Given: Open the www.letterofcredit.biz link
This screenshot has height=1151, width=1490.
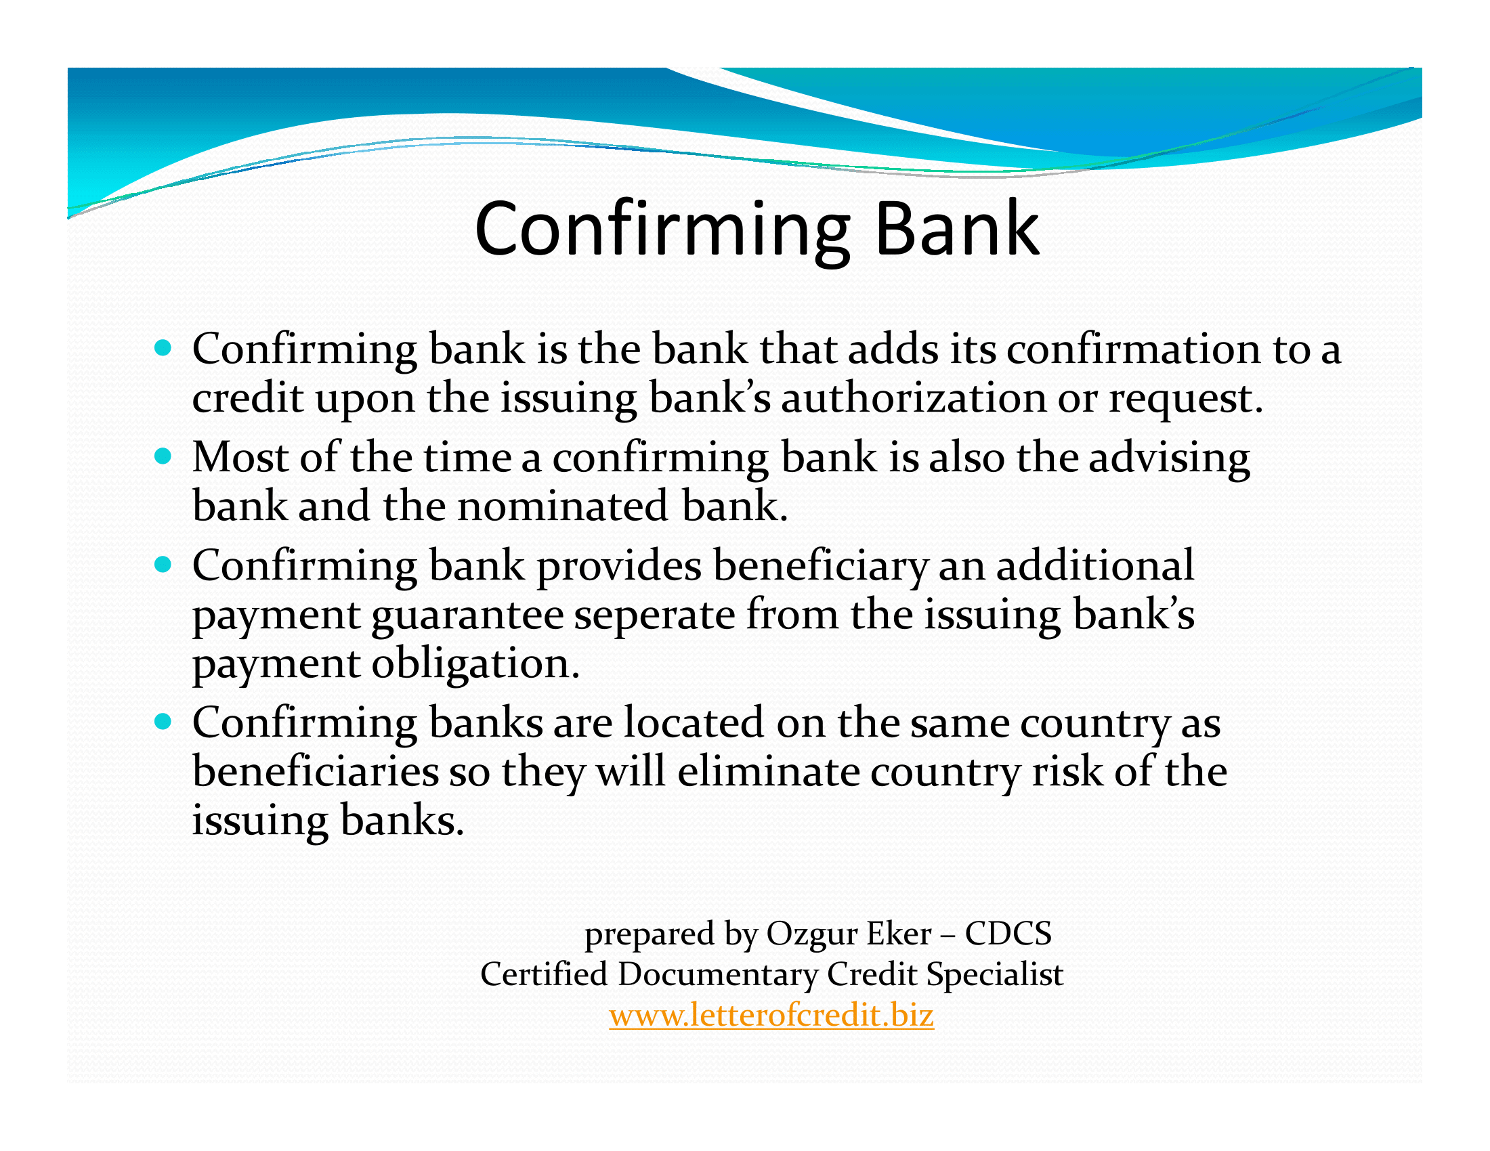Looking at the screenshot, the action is (x=771, y=1016).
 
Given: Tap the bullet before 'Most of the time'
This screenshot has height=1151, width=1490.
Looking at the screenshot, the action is (x=163, y=456).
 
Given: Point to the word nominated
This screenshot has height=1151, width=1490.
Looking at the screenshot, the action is (x=562, y=505).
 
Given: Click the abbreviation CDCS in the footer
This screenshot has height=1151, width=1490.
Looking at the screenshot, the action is (x=1008, y=934).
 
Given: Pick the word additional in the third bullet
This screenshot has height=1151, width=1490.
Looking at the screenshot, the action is (x=1095, y=565).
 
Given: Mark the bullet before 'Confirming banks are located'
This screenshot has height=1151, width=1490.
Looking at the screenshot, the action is (x=163, y=722).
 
